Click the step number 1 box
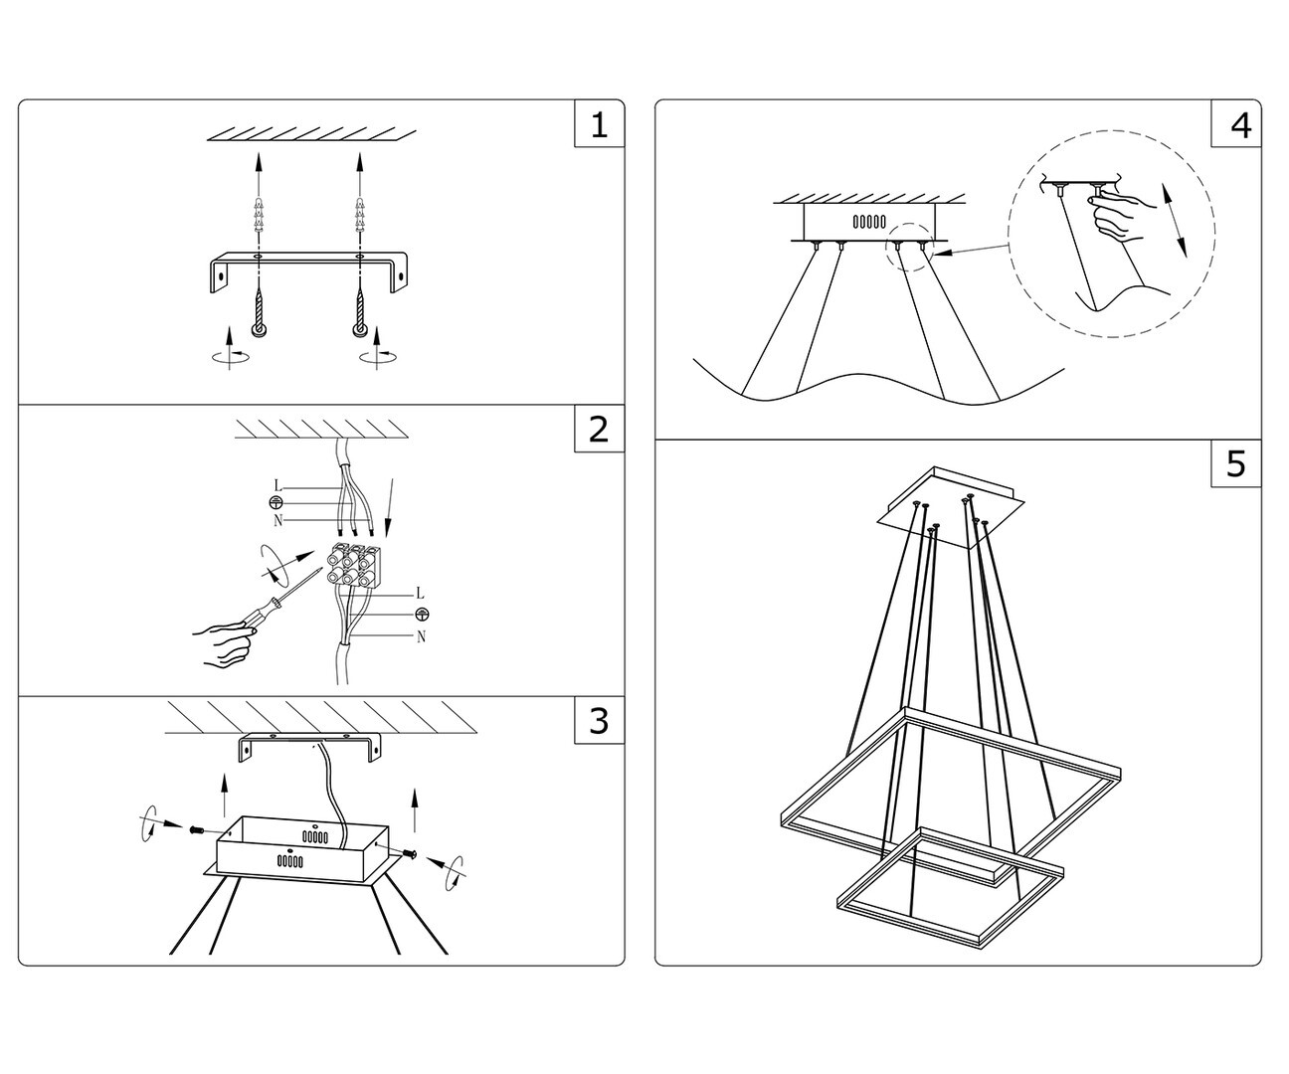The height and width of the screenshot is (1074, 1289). click(599, 124)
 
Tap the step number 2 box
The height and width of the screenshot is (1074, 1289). click(599, 429)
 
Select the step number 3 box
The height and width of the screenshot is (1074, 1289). click(599, 720)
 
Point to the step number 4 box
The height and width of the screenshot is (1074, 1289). click(1236, 124)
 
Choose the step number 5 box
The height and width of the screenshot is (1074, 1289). click(1236, 463)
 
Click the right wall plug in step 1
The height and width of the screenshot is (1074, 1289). click(358, 216)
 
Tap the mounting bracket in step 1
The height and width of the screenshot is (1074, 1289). click(307, 263)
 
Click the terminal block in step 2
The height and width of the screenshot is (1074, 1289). click(352, 566)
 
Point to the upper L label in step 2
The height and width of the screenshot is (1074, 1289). click(277, 486)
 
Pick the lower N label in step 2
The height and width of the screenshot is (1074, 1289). click(421, 637)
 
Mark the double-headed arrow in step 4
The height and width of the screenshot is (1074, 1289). click(1177, 221)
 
